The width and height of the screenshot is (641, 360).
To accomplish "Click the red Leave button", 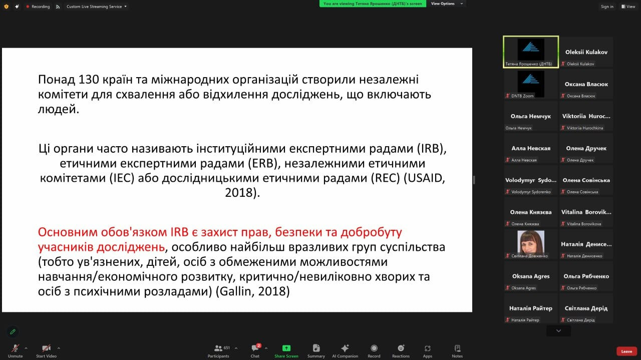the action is [x=626, y=351].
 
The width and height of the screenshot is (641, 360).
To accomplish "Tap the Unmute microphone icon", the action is [x=15, y=348].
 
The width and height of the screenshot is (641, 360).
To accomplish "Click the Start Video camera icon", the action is [x=46, y=348].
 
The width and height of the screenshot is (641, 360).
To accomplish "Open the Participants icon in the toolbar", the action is [x=218, y=348].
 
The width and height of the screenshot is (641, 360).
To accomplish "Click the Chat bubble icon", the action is [x=255, y=348].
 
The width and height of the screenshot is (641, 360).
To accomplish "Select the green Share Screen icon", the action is [x=286, y=348].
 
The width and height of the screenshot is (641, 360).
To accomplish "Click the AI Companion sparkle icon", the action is [x=345, y=348].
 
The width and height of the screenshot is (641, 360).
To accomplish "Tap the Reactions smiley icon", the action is [x=401, y=348].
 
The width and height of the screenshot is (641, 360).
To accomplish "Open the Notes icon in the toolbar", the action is [x=457, y=348].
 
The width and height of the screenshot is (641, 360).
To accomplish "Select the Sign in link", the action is [x=607, y=7].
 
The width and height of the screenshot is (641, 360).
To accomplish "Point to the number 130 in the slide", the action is [x=89, y=80].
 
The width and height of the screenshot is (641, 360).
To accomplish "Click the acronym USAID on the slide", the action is [x=425, y=178].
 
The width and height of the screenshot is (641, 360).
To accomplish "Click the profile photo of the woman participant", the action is [x=530, y=242].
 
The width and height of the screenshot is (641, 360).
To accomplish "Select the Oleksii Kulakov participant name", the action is [x=586, y=52].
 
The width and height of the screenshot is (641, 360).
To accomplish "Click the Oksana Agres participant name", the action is [x=531, y=276].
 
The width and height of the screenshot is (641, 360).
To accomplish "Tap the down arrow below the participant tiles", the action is [x=558, y=331].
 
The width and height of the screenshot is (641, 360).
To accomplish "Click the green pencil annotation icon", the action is [x=13, y=331].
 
